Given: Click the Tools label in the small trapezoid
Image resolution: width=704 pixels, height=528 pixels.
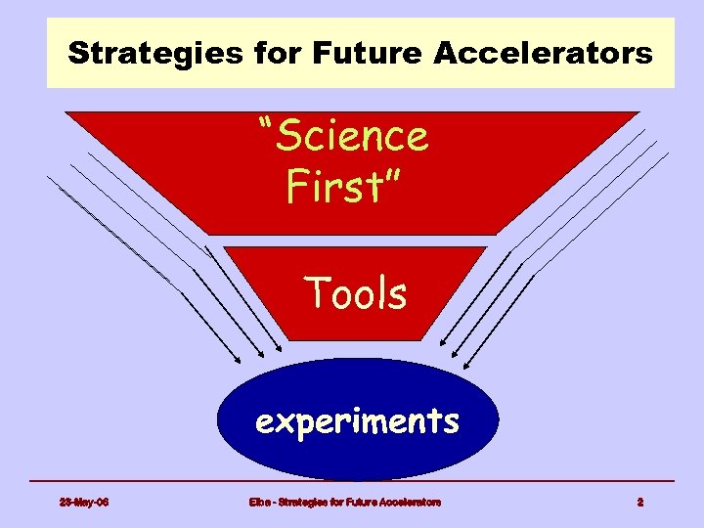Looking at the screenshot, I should (x=355, y=292).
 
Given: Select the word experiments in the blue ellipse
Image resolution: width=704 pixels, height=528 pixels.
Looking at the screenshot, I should (x=357, y=421).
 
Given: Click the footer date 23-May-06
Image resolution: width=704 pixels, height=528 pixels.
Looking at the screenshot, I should (x=83, y=502).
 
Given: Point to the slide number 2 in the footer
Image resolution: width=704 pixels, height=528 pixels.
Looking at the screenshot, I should (x=640, y=502).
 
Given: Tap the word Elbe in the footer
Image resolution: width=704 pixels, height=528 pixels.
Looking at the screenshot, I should (x=259, y=502).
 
